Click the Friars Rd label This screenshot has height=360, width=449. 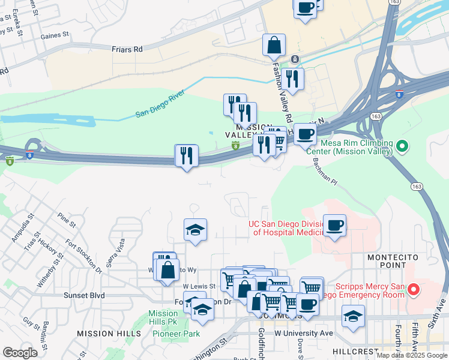128,49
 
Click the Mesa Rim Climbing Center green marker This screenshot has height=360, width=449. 403,146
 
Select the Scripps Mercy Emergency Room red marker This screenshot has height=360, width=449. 413,290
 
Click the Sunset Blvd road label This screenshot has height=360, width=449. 84,295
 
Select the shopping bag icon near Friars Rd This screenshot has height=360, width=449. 274,46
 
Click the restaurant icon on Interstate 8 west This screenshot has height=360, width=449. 186,156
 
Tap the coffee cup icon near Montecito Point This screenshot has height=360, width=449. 335,226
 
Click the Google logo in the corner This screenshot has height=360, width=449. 20,352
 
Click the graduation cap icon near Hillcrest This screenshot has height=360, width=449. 353,316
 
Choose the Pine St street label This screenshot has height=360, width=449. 67,220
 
